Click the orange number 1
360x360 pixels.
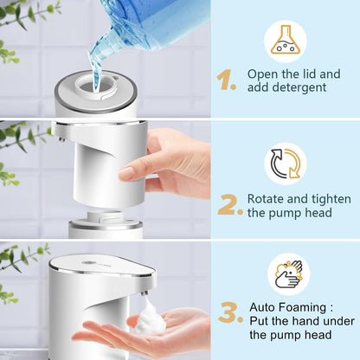tap(226, 80)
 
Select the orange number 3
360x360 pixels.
tap(229, 312)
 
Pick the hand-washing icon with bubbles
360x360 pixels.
tap(286, 273)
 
